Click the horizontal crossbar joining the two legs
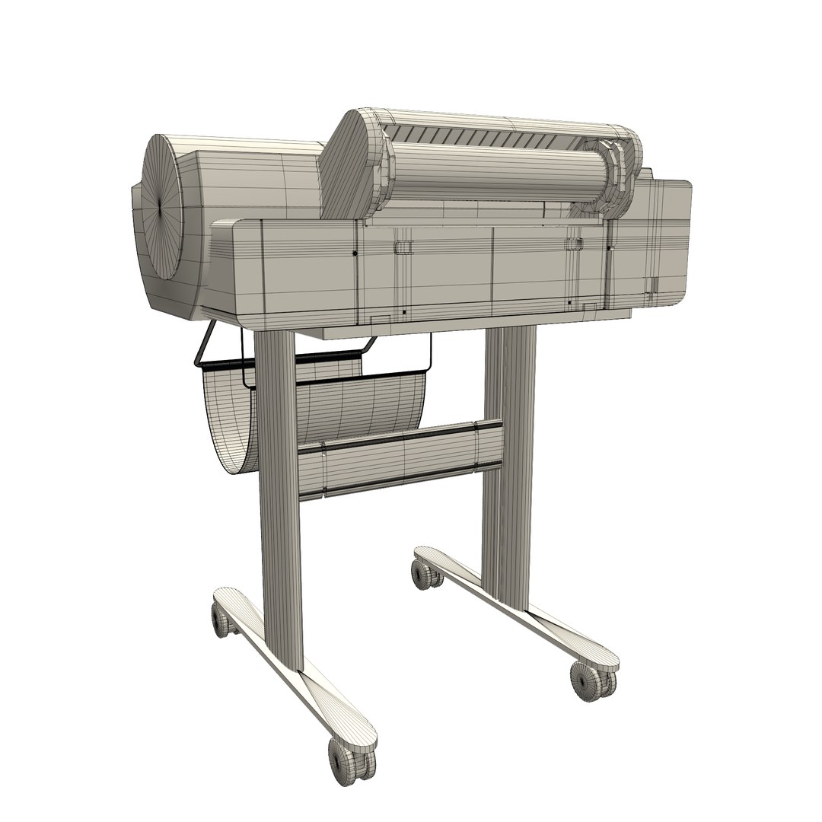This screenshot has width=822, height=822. pos(400,457)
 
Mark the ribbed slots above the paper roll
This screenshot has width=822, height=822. pos(487,138)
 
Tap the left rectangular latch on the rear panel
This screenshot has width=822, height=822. pos(404,246)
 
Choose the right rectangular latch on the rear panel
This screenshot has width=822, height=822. pos(573,243)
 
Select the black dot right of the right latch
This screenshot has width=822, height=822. pos(608,247)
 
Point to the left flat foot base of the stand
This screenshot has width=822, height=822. pos(297,670)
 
